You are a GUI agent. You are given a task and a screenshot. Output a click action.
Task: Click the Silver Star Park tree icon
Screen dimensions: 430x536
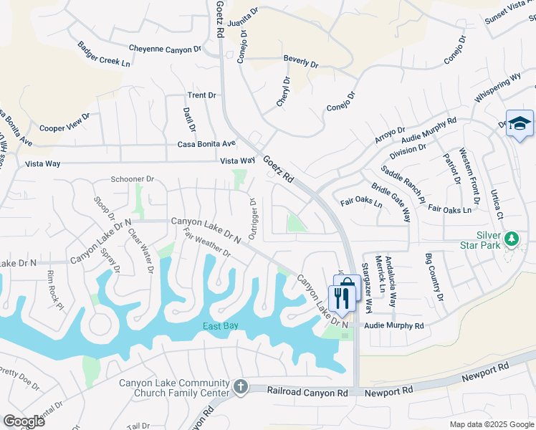pyautogui.click(x=512, y=238)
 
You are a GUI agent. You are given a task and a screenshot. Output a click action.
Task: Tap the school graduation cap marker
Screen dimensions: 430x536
pyautogui.click(x=519, y=123)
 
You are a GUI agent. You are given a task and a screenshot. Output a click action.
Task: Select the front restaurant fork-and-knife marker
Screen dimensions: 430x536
pyautogui.click(x=342, y=298)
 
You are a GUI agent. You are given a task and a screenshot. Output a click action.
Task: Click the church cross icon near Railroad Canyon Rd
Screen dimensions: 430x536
pyautogui.click(x=240, y=387)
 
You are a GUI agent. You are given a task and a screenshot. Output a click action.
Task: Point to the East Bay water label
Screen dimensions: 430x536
pyautogui.click(x=219, y=325)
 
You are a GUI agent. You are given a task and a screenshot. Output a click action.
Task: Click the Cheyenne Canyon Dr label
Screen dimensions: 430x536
pyautogui.click(x=166, y=49)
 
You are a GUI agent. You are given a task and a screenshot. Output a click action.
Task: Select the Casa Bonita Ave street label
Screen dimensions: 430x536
pyautogui.click(x=206, y=144)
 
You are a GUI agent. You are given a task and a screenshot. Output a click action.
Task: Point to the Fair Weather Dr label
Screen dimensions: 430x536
pyautogui.click(x=206, y=244)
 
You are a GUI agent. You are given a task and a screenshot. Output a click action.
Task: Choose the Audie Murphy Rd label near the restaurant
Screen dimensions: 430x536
pyautogui.click(x=394, y=325)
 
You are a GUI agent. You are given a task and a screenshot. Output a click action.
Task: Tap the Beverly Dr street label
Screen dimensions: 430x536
pyautogui.click(x=301, y=64)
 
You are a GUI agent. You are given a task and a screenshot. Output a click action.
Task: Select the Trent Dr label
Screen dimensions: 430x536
pyautogui.click(x=202, y=95)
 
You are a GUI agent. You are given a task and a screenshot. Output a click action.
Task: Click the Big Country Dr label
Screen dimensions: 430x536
pyautogui.click(x=435, y=277)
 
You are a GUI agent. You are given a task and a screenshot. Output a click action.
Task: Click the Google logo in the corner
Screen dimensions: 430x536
pyautogui.click(x=24, y=421)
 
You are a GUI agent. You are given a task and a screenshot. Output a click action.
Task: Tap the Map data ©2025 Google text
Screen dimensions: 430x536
pyautogui.click(x=491, y=424)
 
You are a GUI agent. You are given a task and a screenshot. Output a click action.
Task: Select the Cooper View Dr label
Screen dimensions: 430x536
pyautogui.click(x=64, y=123)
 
